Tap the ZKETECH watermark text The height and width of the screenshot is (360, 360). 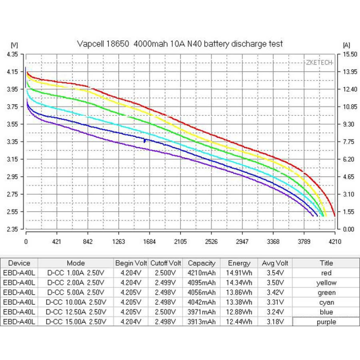click(319, 63)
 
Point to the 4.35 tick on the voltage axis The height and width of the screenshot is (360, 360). click(12, 54)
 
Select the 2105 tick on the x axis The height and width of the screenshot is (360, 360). click(180, 242)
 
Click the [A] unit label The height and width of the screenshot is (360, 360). click(346, 45)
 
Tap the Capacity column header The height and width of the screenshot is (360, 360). click(202, 263)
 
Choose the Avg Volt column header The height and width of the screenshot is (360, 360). click(274, 263)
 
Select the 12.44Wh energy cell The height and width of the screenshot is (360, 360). click(239, 322)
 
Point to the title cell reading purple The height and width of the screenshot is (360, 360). click(326, 322)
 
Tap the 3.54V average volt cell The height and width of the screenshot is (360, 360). click(274, 273)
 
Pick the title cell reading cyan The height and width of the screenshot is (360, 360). click(326, 302)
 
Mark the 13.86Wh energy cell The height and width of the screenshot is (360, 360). click(239, 292)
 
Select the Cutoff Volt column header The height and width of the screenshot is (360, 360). click(166, 263)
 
